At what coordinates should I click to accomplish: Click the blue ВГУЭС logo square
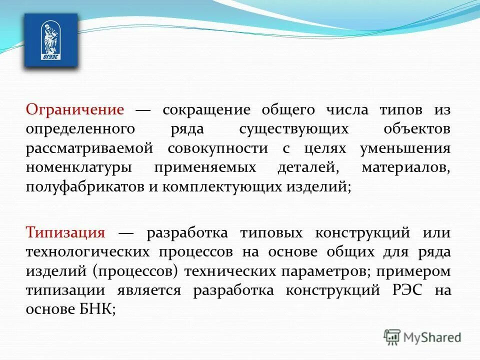pos(51,40)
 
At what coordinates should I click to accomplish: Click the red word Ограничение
pos(75,109)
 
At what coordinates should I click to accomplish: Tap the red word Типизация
pos(65,233)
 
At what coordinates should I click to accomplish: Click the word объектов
pos(417,129)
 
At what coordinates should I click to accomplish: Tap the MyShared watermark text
pos(433,337)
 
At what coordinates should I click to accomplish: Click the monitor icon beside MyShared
pos(392,336)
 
